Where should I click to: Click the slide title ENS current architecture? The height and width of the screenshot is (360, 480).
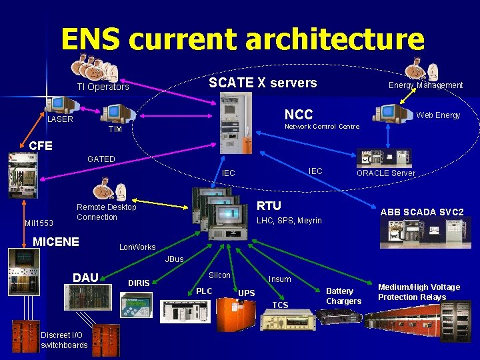pos(242,39)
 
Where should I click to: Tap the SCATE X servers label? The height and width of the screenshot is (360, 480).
pos(263,83)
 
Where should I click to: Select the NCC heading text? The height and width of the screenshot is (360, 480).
pos(299,114)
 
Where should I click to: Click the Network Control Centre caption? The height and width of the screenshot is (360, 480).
pos(322,127)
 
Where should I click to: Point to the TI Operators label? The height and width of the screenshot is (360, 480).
pos(103,87)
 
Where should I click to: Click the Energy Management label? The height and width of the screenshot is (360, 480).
pos(425,85)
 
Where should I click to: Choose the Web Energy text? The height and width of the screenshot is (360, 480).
pos(438,115)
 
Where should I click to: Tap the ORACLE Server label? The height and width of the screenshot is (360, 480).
pos(385,173)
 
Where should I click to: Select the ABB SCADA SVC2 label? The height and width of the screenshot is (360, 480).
pos(422,212)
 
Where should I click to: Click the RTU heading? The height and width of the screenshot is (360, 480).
pos(269,205)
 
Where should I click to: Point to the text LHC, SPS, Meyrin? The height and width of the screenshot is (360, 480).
pos(289,221)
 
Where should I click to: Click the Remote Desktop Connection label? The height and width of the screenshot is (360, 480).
pos(106,212)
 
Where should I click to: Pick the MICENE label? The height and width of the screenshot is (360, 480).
pos(56,241)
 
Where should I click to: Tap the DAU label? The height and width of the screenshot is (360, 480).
pos(85,277)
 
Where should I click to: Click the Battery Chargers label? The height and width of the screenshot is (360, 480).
pos(343,296)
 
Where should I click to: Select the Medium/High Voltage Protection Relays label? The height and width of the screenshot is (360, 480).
pos(419,292)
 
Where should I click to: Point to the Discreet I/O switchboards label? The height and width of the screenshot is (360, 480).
pos(64,340)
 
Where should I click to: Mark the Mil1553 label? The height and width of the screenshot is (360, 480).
pos(39,223)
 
